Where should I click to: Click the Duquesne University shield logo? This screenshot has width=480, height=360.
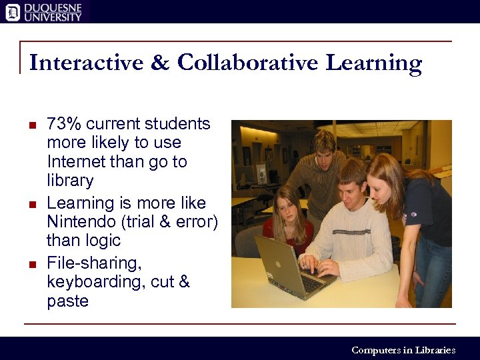click(11, 11)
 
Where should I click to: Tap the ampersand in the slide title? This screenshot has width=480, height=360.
click(160, 63)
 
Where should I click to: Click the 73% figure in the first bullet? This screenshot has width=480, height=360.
click(64, 124)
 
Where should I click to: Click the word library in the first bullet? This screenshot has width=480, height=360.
click(70, 181)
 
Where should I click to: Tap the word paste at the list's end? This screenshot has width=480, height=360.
click(67, 301)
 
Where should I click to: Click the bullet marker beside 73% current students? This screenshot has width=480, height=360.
click(32, 125)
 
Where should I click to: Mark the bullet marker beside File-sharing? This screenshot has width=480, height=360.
click(32, 264)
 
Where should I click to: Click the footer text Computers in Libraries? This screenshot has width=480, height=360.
click(403, 350)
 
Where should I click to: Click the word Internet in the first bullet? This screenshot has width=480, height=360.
click(75, 162)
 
